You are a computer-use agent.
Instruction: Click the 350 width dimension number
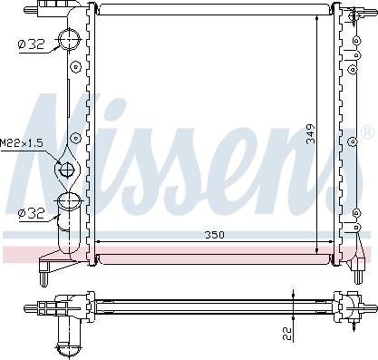point(213,235)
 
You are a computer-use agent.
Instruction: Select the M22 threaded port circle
point(65,169)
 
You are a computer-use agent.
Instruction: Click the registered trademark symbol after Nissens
point(366,132)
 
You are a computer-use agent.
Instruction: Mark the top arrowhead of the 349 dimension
point(316,20)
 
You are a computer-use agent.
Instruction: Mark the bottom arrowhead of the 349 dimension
point(316,249)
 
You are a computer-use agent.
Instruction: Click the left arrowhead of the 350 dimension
point(100,241)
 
